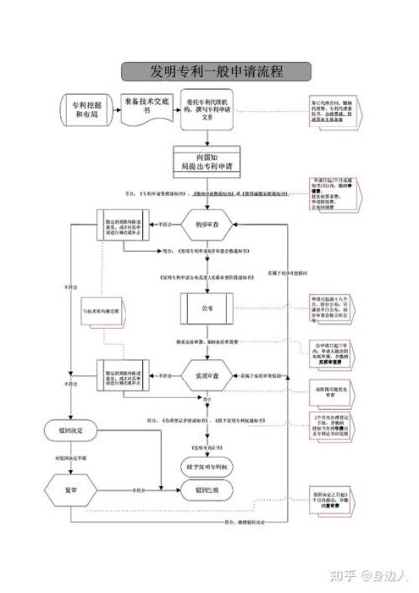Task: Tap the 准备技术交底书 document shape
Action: click(146, 107)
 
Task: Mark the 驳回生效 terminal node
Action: click(208, 488)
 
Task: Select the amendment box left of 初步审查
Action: click(123, 225)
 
